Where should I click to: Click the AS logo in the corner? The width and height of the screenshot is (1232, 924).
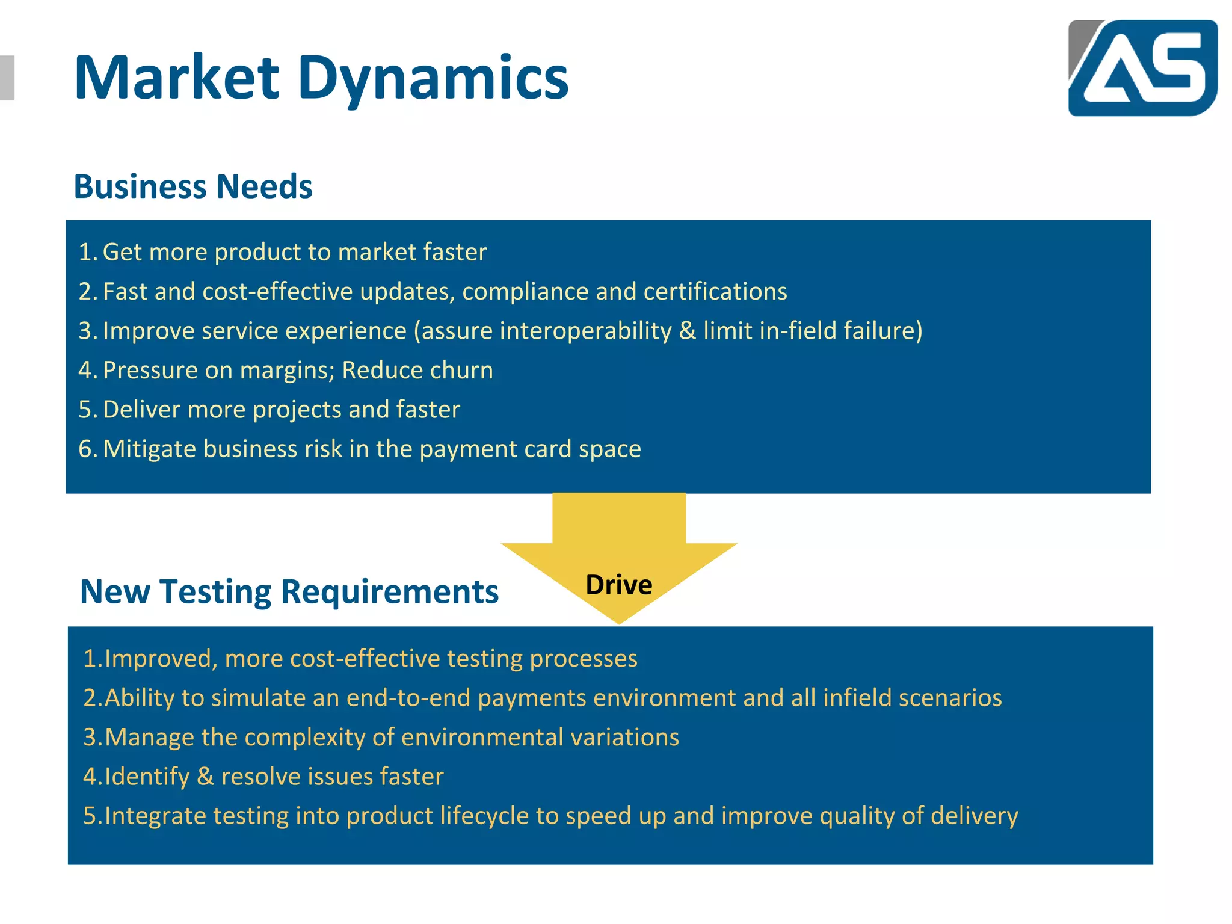(x=1142, y=67)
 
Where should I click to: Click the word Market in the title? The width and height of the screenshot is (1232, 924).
(x=176, y=78)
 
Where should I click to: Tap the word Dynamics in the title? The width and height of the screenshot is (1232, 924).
(x=433, y=79)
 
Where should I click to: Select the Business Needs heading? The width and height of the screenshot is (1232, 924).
(x=193, y=186)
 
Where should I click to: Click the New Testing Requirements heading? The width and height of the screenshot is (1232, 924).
(x=289, y=591)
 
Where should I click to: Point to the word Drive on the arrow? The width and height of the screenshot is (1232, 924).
(x=618, y=585)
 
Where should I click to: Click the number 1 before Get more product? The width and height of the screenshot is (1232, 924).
(x=85, y=252)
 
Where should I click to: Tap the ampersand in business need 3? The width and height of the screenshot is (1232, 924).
(x=687, y=331)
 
